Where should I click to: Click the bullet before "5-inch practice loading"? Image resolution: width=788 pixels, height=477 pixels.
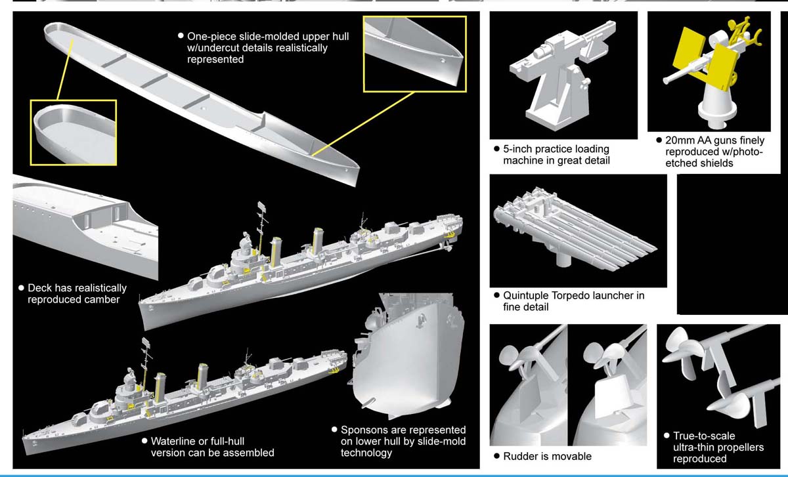(x=497, y=150)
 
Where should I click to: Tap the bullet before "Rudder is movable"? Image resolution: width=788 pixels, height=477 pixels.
(x=497, y=456)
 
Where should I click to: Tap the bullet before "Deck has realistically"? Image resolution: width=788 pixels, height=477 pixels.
(x=21, y=288)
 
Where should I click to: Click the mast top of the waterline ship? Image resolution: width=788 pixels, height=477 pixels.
(x=145, y=342)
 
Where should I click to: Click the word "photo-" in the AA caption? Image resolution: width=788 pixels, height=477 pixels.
(x=747, y=152)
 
